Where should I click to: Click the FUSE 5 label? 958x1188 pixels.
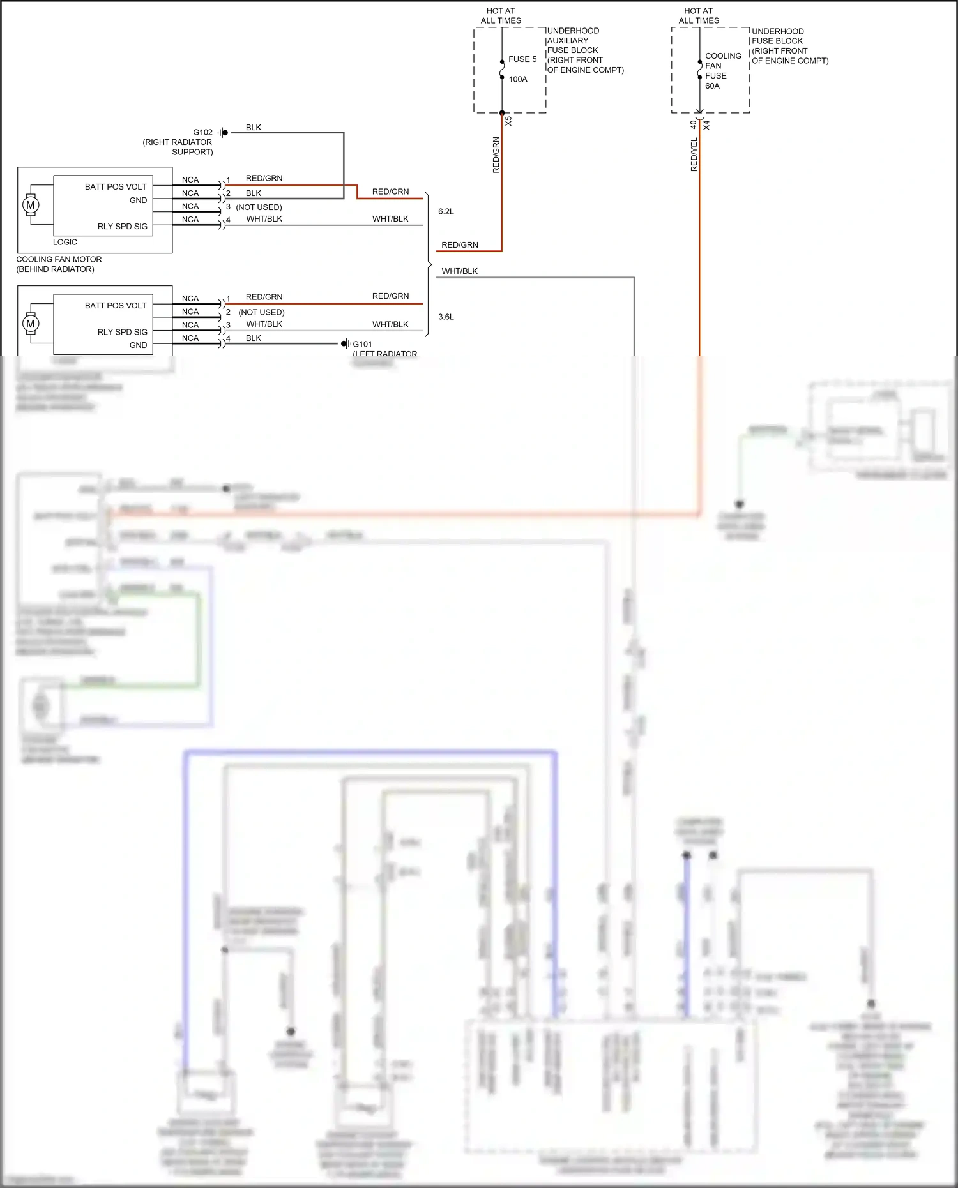point(522,59)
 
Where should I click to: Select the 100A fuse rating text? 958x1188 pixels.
point(518,79)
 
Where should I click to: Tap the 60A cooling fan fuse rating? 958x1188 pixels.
point(712,86)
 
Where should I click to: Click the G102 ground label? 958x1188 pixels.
point(202,133)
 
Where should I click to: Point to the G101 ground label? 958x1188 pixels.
point(362,344)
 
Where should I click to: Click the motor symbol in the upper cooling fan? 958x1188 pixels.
point(31,205)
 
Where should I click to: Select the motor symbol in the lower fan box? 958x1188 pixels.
point(31,324)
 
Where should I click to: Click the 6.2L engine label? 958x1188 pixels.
point(446,211)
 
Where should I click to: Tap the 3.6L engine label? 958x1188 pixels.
point(446,317)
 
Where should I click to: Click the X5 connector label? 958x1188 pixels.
point(508,121)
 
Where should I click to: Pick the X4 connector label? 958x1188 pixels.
point(706,126)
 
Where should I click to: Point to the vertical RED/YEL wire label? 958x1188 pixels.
point(694,154)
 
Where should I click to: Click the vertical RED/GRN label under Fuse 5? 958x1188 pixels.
point(496,155)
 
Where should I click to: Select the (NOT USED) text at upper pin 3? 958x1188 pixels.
point(259,207)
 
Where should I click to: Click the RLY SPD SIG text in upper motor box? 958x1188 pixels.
point(122,227)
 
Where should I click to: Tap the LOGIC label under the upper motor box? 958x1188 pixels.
point(65,243)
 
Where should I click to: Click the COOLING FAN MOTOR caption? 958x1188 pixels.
point(59,260)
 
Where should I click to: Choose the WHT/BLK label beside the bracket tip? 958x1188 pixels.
point(459,271)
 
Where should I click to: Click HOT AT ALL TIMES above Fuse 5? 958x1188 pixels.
point(501,16)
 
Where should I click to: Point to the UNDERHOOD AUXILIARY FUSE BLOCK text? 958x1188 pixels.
point(573,41)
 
